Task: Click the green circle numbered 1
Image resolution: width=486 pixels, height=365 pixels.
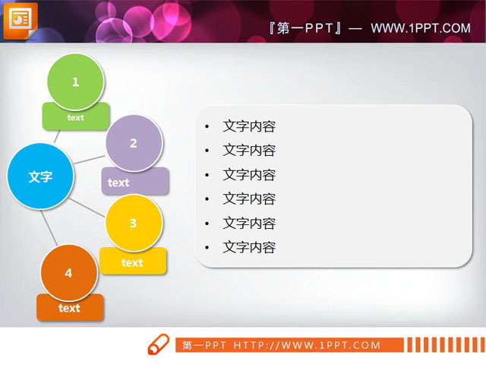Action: click(x=75, y=81)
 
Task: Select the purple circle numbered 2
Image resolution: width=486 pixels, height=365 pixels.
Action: click(x=134, y=142)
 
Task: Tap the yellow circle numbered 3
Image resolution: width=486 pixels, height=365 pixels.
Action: click(x=134, y=223)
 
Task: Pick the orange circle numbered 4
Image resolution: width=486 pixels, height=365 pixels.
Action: click(x=69, y=273)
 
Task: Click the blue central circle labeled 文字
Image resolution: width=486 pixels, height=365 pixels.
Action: click(x=40, y=176)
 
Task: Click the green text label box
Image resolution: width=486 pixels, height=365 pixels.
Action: click(x=76, y=118)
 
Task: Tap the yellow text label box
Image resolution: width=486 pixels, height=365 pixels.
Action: click(x=132, y=262)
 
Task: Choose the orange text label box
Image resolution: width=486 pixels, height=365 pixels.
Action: click(x=69, y=308)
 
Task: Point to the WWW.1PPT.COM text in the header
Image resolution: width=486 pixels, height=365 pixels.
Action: click(x=421, y=28)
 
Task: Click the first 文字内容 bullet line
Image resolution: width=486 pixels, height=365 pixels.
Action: click(x=248, y=126)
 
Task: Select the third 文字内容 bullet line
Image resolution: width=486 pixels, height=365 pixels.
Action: click(x=248, y=175)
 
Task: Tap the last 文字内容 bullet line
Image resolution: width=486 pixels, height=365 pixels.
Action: click(x=248, y=247)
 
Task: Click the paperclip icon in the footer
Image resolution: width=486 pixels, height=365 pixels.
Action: click(x=157, y=344)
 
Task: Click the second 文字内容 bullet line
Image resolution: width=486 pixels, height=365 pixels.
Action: click(x=248, y=151)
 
